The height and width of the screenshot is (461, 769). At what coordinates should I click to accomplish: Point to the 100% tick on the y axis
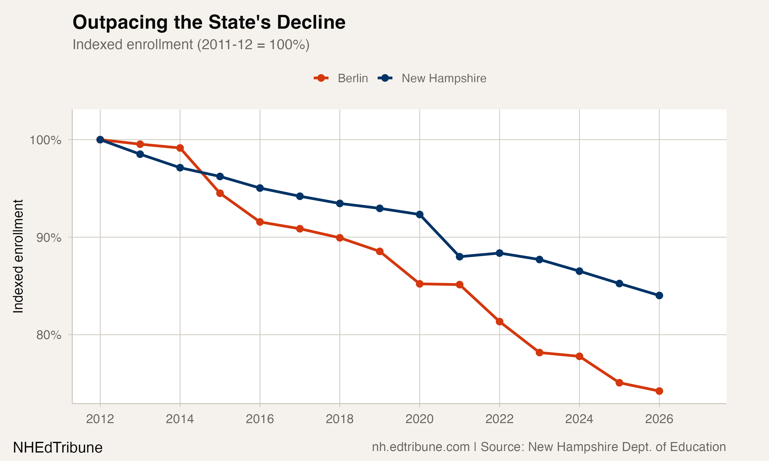click(x=45, y=140)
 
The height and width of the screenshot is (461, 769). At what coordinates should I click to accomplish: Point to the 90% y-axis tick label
click(x=48, y=238)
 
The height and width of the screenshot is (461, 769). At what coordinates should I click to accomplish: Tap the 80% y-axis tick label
click(x=48, y=335)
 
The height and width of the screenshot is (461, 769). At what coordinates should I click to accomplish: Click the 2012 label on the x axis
click(x=100, y=419)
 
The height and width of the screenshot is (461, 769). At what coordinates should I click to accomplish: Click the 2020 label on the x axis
click(x=419, y=419)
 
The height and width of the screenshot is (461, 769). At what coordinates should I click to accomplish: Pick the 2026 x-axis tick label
click(x=659, y=419)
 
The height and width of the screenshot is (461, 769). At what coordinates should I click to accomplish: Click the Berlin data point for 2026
click(x=659, y=391)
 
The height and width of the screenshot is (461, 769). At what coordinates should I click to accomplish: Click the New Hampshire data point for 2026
click(x=659, y=296)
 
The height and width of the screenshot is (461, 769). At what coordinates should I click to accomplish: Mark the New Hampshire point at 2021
click(x=459, y=257)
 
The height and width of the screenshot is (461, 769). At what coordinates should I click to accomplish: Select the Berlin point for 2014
click(x=180, y=148)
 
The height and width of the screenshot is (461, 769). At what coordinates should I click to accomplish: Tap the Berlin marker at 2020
click(x=419, y=284)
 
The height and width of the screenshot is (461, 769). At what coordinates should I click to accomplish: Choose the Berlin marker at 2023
click(x=539, y=353)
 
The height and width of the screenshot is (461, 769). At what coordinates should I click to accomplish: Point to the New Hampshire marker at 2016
click(x=260, y=188)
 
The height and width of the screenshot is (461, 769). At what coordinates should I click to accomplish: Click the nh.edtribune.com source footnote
click(x=549, y=447)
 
